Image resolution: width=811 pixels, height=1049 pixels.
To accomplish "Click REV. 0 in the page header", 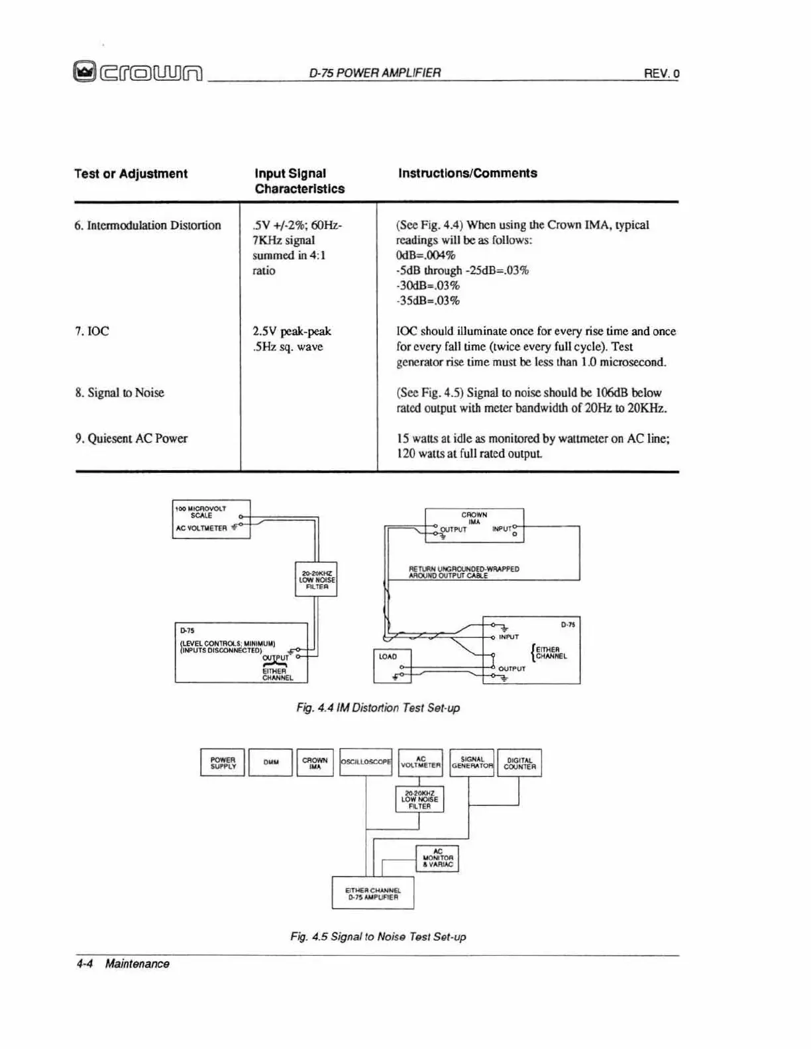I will click(661, 74).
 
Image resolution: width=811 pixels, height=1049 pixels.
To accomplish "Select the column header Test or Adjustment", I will click(131, 174).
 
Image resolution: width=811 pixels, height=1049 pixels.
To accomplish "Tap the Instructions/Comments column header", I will click(467, 173).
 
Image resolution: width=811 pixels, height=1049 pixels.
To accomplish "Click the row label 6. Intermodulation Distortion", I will click(148, 225).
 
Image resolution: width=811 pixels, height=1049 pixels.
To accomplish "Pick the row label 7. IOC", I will click(92, 331).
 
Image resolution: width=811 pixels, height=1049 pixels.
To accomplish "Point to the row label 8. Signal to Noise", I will click(119, 393).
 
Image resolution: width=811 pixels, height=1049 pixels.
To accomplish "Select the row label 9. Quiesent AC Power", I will click(131, 438).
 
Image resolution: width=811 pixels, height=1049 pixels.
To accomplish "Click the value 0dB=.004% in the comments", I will click(425, 255).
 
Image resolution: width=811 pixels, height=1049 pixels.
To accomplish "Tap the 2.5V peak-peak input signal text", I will click(292, 331).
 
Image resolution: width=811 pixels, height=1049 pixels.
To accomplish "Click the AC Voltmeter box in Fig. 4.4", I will click(211, 519).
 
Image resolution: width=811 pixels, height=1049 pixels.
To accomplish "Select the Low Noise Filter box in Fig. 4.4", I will click(316, 579).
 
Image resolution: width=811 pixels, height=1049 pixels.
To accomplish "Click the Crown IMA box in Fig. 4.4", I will click(474, 525).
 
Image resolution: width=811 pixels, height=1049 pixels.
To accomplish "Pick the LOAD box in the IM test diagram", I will click(392, 666).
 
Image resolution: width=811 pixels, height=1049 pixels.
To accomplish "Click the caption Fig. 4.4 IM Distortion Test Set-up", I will click(378, 708).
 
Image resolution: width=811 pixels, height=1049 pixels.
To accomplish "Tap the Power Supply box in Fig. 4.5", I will click(223, 762).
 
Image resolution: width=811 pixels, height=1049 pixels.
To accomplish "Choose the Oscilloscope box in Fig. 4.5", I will click(366, 762).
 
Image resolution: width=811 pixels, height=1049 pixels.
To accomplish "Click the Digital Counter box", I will click(519, 763).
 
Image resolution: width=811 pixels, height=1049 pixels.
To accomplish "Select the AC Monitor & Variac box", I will click(437, 858).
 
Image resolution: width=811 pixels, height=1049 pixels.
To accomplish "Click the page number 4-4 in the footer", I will click(83, 964).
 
